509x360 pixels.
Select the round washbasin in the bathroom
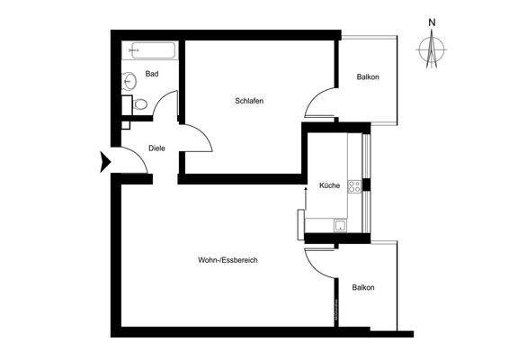tap(129, 80)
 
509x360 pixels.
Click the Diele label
tap(157, 150)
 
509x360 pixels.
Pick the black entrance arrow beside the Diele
tap(103, 162)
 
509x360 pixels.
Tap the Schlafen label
tap(249, 101)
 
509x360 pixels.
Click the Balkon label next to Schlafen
tap(368, 76)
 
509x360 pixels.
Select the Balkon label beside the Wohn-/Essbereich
tap(363, 287)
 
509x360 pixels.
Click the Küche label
tap(329, 186)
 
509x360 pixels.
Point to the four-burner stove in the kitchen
tap(355, 187)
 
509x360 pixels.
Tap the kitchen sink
tap(341, 226)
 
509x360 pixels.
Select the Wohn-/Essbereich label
tap(228, 261)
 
